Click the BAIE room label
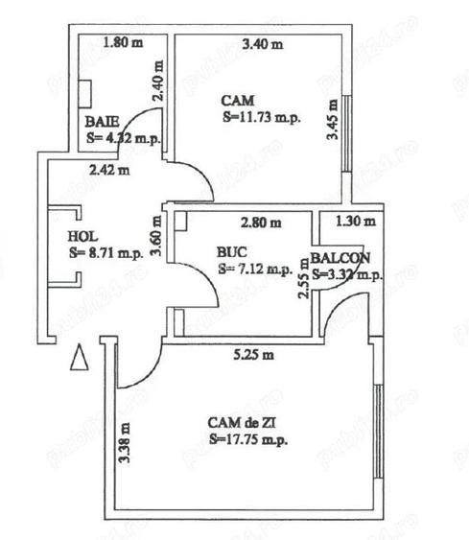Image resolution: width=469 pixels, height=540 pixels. coord(102,122)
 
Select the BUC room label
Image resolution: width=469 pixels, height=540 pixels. coord(231,252)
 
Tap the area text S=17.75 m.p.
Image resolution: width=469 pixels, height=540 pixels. coord(247,438)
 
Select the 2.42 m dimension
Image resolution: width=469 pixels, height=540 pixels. coord(107,173)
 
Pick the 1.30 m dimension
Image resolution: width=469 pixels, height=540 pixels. coord(353,222)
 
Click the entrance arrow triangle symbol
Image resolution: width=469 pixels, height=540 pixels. coord(81,360)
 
